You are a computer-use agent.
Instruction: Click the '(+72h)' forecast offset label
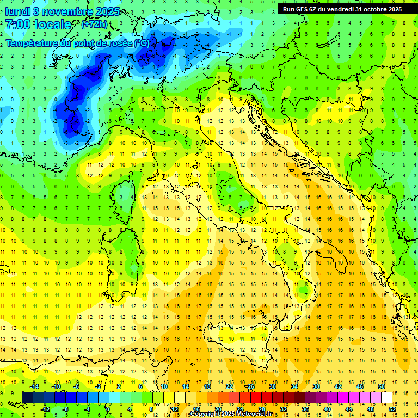click(94, 24)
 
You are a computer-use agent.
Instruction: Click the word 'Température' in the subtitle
click(33, 42)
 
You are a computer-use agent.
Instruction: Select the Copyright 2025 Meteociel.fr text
click(231, 414)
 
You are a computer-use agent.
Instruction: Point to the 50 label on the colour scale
click(381, 386)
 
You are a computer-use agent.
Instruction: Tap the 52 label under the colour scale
click(392, 409)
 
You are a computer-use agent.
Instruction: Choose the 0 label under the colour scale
click(108, 409)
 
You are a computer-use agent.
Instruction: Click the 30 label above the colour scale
click(272, 386)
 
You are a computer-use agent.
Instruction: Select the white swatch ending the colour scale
click(386, 397)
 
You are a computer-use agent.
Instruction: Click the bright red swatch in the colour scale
click(256, 397)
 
